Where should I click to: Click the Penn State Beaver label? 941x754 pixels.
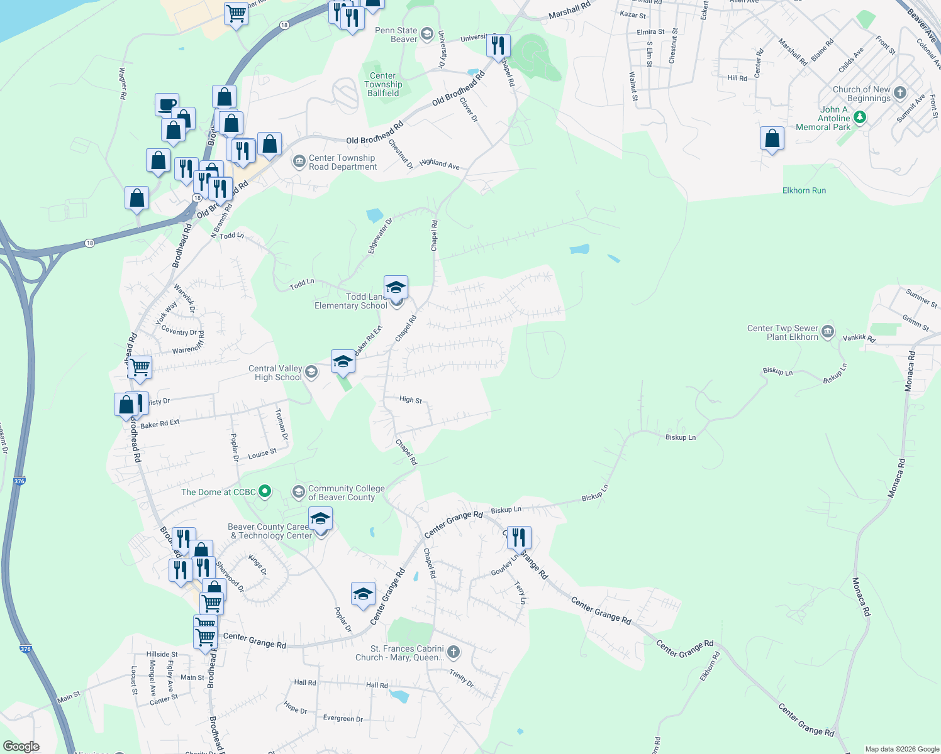pyautogui.click(x=396, y=35)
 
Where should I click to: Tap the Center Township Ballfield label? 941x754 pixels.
pyautogui.click(x=383, y=84)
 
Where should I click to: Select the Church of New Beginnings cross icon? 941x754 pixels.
pyautogui.click(x=900, y=93)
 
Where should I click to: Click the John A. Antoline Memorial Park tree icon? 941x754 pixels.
pyautogui.click(x=860, y=117)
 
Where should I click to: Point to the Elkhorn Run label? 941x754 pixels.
pyautogui.click(x=804, y=190)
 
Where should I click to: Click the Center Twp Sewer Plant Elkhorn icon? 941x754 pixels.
pyautogui.click(x=828, y=331)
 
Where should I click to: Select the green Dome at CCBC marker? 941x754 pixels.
pyautogui.click(x=265, y=491)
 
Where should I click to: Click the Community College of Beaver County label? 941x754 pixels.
pyautogui.click(x=346, y=493)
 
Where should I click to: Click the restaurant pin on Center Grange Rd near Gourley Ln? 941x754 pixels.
pyautogui.click(x=519, y=538)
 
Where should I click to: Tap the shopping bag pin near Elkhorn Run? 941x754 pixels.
pyautogui.click(x=772, y=139)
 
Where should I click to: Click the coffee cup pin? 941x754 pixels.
pyautogui.click(x=167, y=105)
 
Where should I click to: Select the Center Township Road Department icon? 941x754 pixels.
pyautogui.click(x=299, y=161)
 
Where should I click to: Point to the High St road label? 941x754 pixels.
pyautogui.click(x=410, y=399)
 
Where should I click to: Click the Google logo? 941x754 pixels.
pyautogui.click(x=21, y=746)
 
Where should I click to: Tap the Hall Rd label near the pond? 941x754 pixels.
pyautogui.click(x=377, y=685)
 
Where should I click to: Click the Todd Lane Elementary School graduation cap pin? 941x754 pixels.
pyautogui.click(x=396, y=288)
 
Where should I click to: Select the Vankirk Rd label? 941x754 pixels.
pyautogui.click(x=859, y=338)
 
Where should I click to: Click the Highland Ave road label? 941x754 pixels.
pyautogui.click(x=439, y=164)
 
